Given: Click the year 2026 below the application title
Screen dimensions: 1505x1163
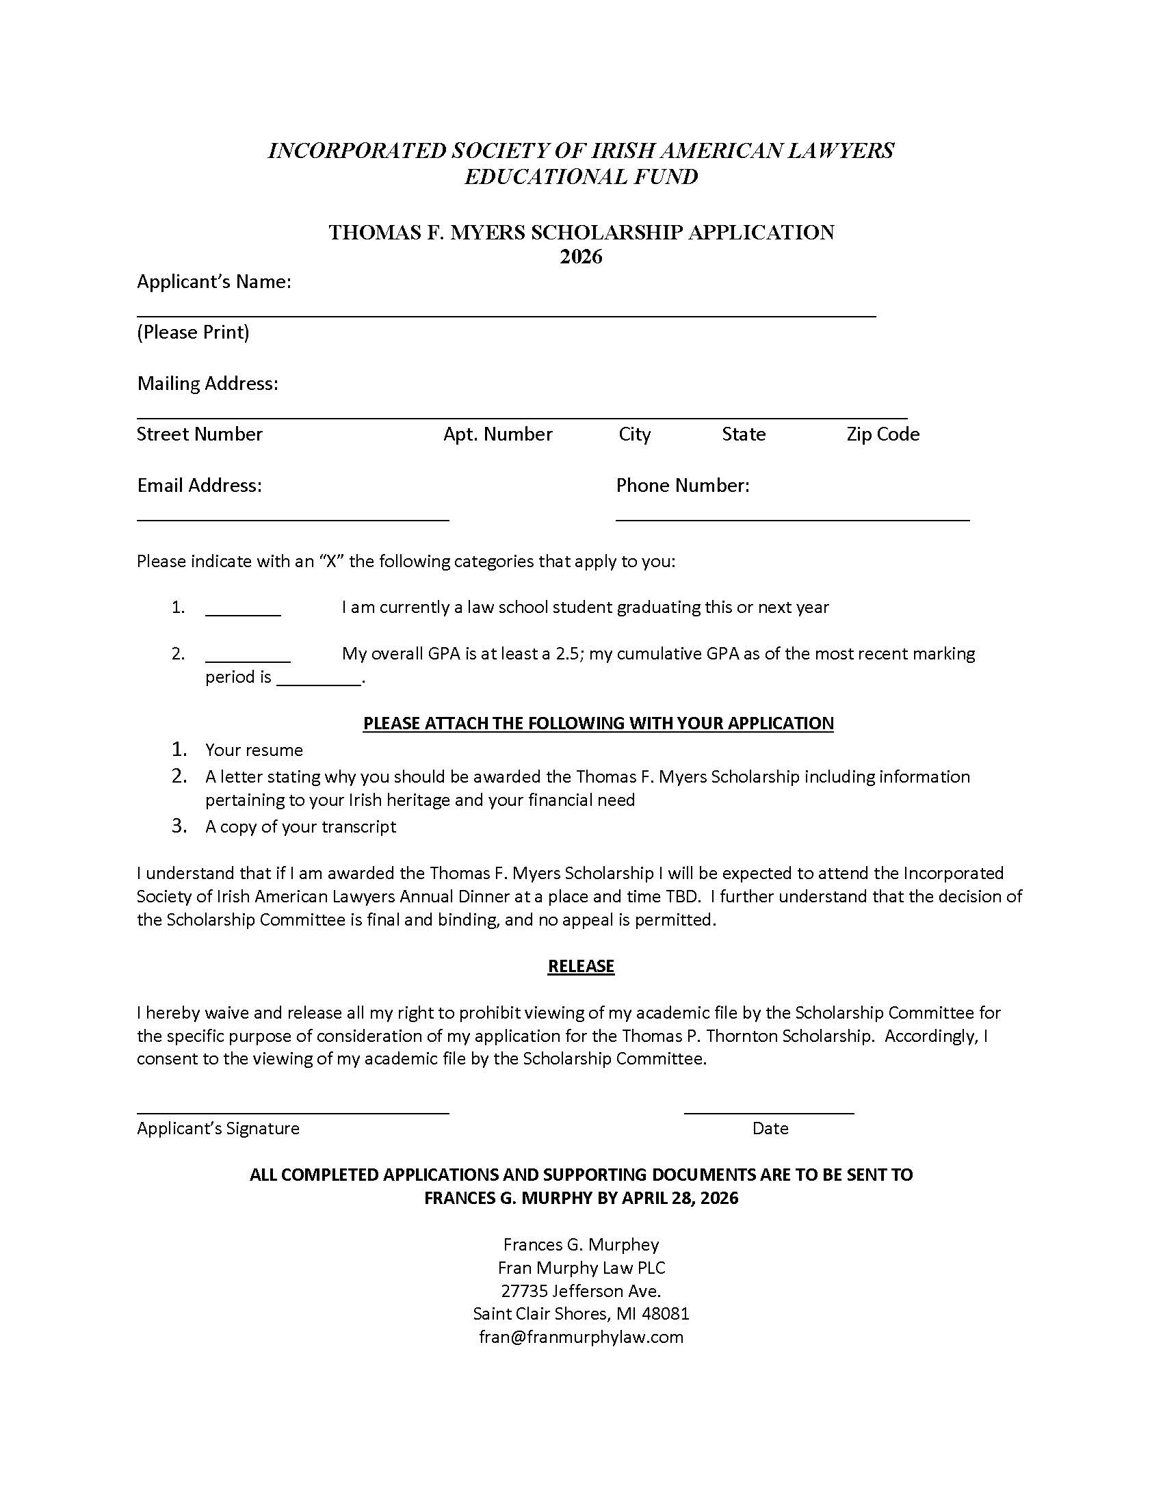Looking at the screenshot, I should [581, 257].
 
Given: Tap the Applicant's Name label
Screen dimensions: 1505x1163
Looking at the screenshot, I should [213, 282].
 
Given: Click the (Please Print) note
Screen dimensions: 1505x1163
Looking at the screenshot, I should [193, 332].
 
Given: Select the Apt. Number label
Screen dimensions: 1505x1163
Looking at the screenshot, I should [497, 434].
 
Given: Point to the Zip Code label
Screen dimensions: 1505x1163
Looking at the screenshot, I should [883, 434].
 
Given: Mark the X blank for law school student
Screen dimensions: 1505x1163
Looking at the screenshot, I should [243, 614].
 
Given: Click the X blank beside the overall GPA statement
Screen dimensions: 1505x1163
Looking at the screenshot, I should [248, 659].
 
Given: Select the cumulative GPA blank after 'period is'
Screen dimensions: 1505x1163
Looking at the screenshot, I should [318, 683].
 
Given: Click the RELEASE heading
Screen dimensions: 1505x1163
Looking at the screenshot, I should [581, 966].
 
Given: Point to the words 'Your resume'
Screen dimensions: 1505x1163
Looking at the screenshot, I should [254, 750].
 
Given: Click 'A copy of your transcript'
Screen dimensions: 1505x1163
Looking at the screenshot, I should [300, 826].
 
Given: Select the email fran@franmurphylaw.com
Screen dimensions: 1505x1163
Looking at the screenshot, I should [581, 1337].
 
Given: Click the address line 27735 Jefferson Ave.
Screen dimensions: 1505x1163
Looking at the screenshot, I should [581, 1291].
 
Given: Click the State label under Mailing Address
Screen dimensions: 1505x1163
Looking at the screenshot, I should [744, 434].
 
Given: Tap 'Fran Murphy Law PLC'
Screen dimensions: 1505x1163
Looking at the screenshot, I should [581, 1267].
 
